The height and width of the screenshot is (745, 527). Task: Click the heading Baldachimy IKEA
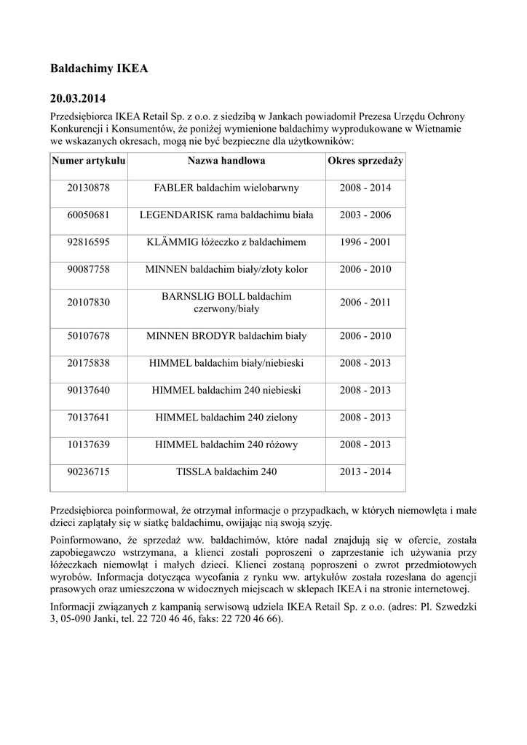(x=98, y=69)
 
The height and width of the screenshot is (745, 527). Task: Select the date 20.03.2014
(x=78, y=97)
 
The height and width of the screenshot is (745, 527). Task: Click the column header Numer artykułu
(x=89, y=160)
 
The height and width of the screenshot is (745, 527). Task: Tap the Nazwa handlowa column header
(x=226, y=160)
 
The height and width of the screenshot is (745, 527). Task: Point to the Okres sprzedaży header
(x=365, y=160)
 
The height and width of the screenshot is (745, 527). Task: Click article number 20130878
(x=89, y=188)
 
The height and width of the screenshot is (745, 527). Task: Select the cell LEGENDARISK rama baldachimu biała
(x=226, y=215)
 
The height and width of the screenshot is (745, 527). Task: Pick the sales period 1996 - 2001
(x=365, y=242)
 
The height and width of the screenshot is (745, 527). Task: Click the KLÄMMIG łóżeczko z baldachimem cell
(x=226, y=242)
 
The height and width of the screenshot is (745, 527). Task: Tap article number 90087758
(x=89, y=269)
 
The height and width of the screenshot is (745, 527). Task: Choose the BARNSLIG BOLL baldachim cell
(x=226, y=302)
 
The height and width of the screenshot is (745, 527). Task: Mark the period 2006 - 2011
(x=365, y=302)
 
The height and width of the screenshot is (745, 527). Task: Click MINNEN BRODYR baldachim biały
(x=226, y=335)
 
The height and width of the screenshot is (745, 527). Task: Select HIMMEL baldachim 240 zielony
(x=226, y=417)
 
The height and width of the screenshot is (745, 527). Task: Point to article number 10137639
(x=89, y=444)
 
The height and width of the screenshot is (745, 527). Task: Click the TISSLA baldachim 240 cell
(x=226, y=471)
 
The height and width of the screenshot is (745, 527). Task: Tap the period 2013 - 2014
(x=365, y=471)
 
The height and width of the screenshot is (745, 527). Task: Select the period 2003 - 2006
(x=365, y=215)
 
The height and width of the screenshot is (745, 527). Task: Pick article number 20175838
(x=89, y=362)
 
